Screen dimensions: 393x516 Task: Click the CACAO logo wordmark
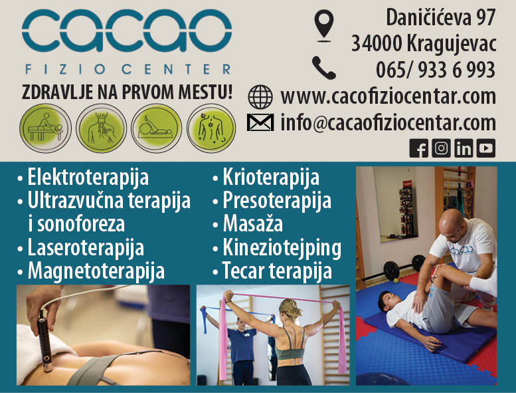click(x=126, y=33)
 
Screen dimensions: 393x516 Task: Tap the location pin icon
click(x=323, y=25)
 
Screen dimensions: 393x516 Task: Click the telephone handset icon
click(x=323, y=67)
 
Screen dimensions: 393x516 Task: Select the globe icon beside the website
click(x=260, y=96)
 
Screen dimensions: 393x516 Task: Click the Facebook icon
click(x=419, y=148)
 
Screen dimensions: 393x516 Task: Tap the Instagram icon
click(x=441, y=148)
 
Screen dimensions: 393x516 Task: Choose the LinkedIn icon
click(x=464, y=148)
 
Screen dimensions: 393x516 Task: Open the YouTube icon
click(x=486, y=148)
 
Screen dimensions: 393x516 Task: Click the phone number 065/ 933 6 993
click(x=436, y=70)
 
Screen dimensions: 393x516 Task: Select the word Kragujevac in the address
click(x=452, y=44)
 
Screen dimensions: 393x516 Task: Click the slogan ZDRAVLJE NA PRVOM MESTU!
click(x=127, y=91)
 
